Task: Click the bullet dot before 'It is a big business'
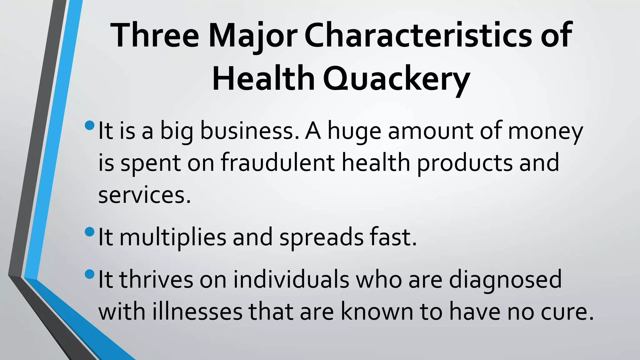click(x=89, y=126)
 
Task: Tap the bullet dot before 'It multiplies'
click(x=89, y=232)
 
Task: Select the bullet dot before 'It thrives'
click(x=89, y=274)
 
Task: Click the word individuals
click(x=291, y=279)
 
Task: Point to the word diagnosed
click(x=505, y=279)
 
